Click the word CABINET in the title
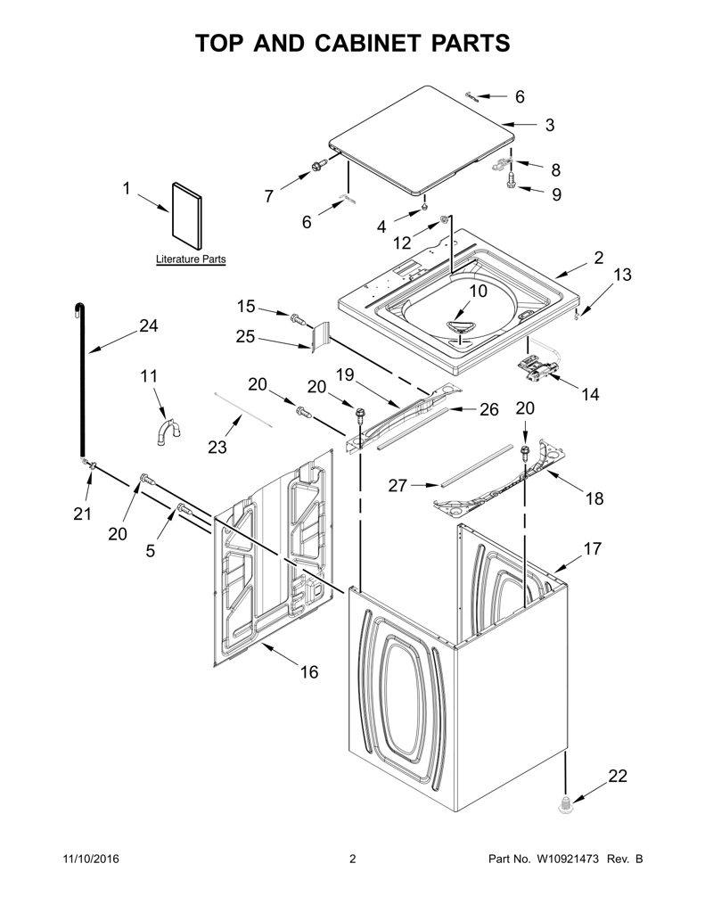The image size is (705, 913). pos(367,43)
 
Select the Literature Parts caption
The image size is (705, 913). pos(191,259)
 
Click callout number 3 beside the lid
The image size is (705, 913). pos(550,125)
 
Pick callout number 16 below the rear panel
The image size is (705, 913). pos(309,672)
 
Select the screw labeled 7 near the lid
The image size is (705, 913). pos(318,166)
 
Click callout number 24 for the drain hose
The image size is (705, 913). pos(149,325)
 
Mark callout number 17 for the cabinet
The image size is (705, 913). pos(592,548)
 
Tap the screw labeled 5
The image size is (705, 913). pos(184,508)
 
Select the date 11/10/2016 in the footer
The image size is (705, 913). pos(90,859)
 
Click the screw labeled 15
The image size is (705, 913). pos(298,318)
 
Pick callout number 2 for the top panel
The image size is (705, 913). pos(599,257)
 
